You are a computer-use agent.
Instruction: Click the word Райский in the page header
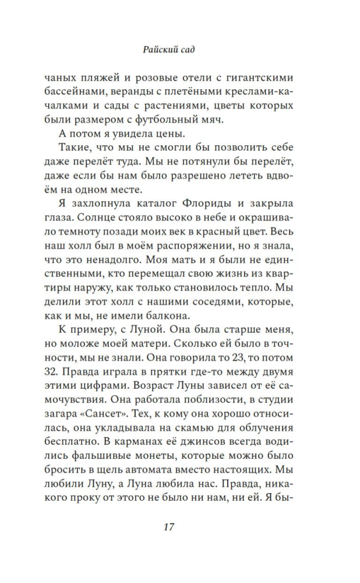160,50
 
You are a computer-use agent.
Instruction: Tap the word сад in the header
186,50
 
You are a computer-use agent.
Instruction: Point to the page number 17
169,527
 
